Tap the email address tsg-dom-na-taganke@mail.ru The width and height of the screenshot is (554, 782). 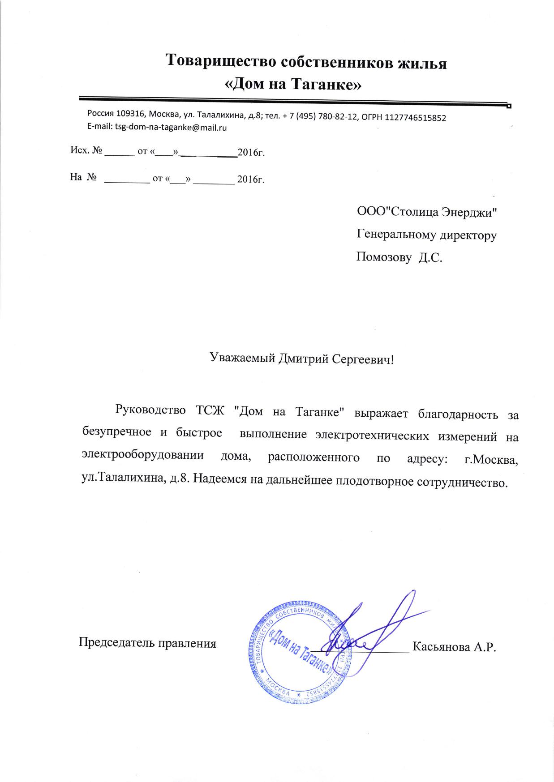coord(171,128)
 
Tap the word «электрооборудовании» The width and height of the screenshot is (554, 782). coord(143,456)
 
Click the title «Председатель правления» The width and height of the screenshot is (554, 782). coord(147,643)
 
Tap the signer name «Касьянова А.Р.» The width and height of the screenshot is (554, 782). coord(455,647)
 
